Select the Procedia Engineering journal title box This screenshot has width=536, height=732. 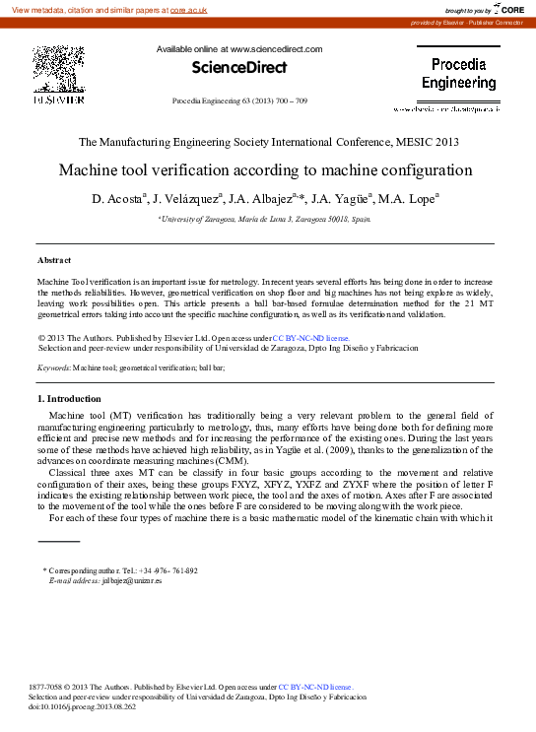pos(459,73)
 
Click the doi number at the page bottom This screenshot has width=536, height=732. pos(90,706)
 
